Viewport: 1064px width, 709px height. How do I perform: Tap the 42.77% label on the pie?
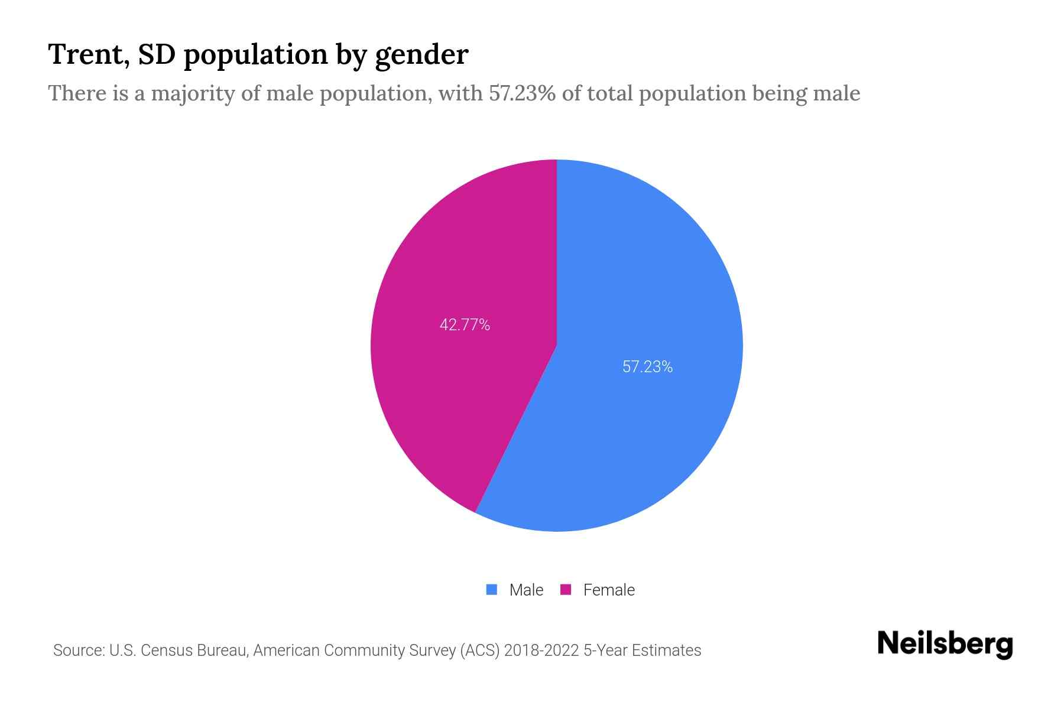tap(465, 325)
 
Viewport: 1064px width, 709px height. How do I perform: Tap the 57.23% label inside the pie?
tap(647, 367)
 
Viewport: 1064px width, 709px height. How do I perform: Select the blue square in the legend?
tap(491, 590)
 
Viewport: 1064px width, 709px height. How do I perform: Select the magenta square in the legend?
tap(566, 590)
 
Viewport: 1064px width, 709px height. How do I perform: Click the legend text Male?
tap(526, 590)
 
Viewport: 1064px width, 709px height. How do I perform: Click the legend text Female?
tap(609, 590)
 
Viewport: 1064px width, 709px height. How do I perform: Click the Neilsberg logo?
tap(945, 644)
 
